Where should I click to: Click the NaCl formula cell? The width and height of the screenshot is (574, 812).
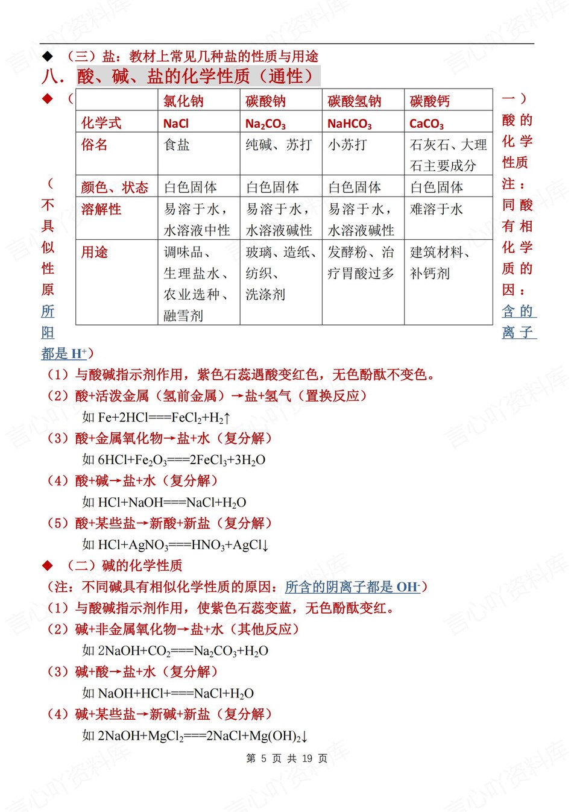[176, 124]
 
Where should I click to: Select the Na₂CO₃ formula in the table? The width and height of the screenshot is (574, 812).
[265, 124]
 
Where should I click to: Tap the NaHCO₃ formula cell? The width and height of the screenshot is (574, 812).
[349, 124]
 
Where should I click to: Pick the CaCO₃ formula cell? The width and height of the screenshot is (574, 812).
[426, 124]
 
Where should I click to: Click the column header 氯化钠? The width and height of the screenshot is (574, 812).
[183, 101]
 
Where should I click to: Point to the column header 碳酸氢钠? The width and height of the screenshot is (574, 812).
[354, 101]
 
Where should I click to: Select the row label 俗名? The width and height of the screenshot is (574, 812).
[95, 145]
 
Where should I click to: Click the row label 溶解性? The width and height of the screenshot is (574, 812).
[101, 209]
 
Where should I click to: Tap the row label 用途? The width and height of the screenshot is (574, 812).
[95, 252]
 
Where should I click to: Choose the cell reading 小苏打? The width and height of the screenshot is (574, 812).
[347, 145]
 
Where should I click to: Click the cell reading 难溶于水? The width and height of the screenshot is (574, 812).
[437, 209]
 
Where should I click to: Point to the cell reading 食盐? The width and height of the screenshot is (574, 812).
[177, 145]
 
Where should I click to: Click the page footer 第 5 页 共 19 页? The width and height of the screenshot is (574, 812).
[287, 758]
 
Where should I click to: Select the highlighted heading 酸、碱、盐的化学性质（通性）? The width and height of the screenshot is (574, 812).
[198, 77]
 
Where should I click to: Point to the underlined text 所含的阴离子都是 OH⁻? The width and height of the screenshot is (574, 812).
[352, 587]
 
